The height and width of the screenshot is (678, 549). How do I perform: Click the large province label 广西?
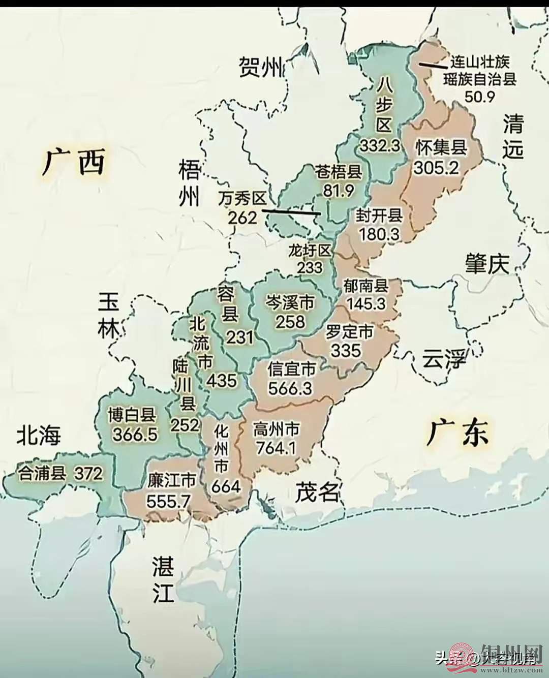click(74, 162)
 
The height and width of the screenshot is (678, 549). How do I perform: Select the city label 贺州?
click(261, 67)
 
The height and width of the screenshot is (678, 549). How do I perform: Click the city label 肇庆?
click(486, 264)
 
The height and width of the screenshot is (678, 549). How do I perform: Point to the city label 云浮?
click(444, 360)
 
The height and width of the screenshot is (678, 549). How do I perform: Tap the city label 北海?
click(39, 435)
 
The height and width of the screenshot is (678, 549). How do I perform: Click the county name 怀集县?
click(441, 147)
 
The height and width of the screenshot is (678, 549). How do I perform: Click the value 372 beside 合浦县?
click(88, 473)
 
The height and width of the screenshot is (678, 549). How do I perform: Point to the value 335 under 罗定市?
click(346, 350)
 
